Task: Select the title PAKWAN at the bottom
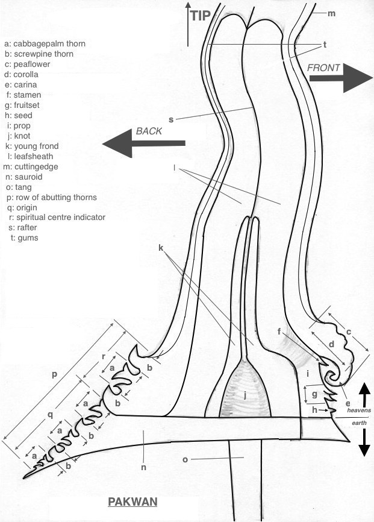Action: point(132,502)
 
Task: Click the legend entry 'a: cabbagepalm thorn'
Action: point(45,43)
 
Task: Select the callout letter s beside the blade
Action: point(171,119)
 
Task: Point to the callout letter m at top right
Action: point(331,13)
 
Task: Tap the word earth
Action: point(358,424)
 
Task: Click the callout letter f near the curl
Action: point(280,331)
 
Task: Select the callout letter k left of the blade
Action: point(161,248)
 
